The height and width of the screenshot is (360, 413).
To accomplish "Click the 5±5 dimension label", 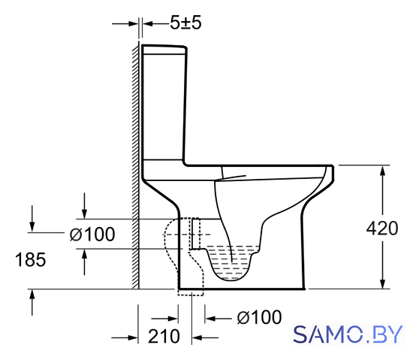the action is click(x=185, y=23).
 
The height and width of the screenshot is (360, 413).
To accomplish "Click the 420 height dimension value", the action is click(x=382, y=228).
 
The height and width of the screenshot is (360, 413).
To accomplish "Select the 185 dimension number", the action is click(x=31, y=259).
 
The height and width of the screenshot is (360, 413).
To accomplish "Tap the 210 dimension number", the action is click(x=164, y=336).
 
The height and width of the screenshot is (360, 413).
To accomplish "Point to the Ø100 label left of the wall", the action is click(x=92, y=234).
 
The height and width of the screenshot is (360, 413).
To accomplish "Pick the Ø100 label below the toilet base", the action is click(x=260, y=317).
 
